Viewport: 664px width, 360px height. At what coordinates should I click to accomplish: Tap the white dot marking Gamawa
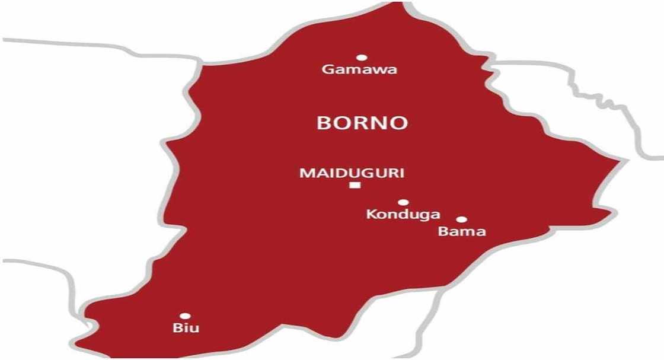[361, 58]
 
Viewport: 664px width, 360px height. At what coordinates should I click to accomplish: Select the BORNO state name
[362, 123]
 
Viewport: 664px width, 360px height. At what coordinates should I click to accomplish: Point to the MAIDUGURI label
[352, 173]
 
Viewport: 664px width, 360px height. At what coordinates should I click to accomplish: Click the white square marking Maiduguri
[355, 186]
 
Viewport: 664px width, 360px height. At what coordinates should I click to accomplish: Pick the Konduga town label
[394, 215]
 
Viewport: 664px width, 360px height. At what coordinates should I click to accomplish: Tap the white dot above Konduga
[403, 202]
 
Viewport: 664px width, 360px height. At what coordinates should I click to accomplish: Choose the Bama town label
[462, 231]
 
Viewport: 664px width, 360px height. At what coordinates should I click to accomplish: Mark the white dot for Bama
[461, 219]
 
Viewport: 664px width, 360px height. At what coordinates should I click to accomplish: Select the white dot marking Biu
[185, 316]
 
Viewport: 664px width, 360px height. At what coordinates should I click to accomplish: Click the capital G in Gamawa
[327, 70]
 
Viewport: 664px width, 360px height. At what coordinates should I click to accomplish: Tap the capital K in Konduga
[371, 214]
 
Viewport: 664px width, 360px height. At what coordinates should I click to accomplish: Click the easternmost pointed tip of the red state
[620, 160]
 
